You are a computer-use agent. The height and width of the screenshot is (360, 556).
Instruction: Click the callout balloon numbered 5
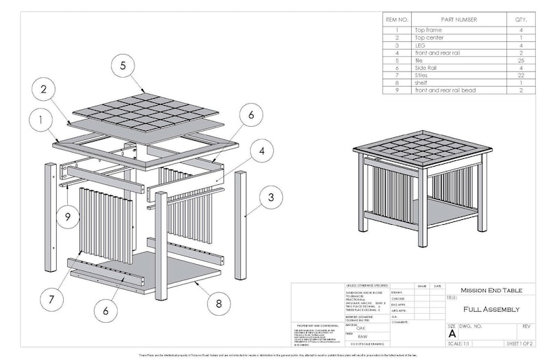coord(123,66)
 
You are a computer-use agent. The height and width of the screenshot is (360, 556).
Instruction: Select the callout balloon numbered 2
coord(43,90)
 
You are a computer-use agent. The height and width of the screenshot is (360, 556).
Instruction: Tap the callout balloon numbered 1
coord(41,120)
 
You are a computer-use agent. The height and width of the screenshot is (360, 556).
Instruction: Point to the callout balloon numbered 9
coord(68,216)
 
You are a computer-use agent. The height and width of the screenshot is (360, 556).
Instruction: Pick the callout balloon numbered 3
coord(268,198)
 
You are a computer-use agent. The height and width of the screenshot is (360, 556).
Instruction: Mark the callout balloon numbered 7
coord(52,299)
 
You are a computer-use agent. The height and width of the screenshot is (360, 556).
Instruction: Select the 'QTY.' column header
coord(520,20)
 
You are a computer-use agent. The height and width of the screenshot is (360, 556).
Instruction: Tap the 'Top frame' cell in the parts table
coord(429,31)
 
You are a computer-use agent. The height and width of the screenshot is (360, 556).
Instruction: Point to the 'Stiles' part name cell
coord(424,74)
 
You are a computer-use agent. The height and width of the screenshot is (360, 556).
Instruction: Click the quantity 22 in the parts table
coord(520,74)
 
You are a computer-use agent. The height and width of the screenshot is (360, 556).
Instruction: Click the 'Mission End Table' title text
coord(491,290)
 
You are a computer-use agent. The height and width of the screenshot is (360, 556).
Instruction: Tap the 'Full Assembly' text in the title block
coord(491,309)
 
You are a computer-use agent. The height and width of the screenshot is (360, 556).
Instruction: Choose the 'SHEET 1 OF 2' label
coord(520,344)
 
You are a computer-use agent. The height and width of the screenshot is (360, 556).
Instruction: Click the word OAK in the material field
coord(361,328)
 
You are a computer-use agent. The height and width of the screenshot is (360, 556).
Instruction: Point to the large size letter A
coord(452,334)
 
